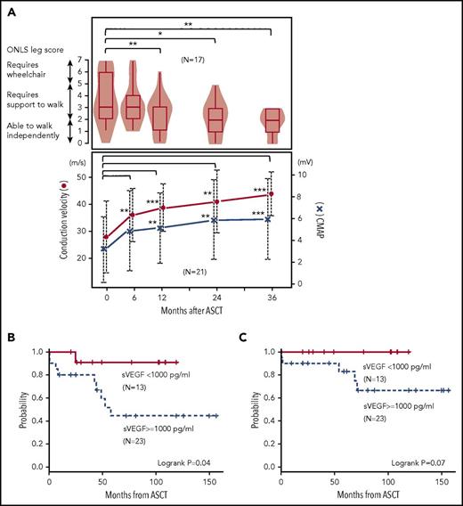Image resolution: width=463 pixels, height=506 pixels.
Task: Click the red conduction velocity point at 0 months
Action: click(x=106, y=238)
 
